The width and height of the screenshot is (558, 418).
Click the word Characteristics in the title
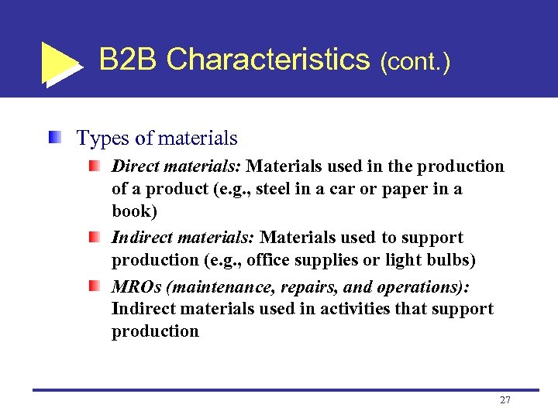(x=268, y=59)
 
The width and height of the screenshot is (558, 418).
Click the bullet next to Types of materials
(x=53, y=139)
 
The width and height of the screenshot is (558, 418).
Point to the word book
(x=133, y=211)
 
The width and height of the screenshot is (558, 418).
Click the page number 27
(x=505, y=400)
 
